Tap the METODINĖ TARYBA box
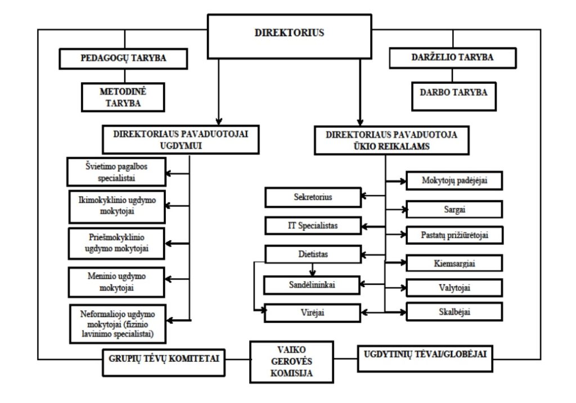(123, 97)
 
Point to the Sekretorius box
(313, 198)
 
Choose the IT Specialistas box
(313, 226)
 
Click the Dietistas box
(313, 254)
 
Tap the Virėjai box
(313, 312)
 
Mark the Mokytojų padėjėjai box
(454, 181)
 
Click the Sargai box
(454, 209)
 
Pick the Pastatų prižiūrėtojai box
(454, 235)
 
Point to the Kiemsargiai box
(454, 263)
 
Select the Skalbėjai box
(454, 312)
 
